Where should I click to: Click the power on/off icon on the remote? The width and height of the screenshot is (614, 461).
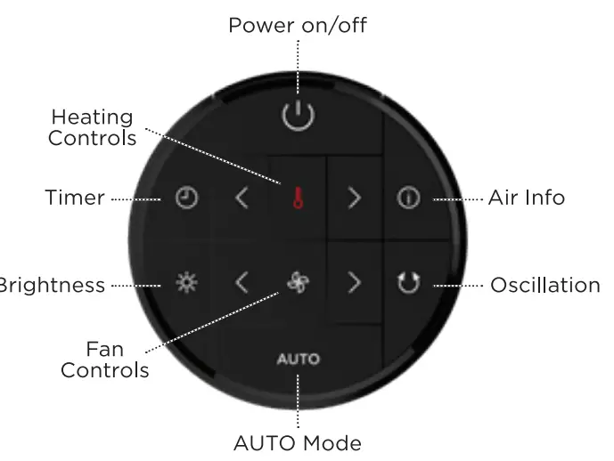(297, 116)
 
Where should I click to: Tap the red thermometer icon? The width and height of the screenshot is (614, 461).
(297, 198)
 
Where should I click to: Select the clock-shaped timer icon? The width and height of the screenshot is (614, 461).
(185, 198)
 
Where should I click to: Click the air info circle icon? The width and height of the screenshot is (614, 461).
(408, 198)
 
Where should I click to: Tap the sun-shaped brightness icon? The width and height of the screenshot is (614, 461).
(185, 284)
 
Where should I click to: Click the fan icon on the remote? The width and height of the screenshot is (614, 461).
(297, 283)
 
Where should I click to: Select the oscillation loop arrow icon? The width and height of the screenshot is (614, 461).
(408, 284)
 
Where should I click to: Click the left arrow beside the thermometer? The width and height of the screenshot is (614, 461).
(242, 198)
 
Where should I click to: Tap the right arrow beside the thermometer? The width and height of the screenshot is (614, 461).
(355, 198)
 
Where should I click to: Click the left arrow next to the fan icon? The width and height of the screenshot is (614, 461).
(242, 284)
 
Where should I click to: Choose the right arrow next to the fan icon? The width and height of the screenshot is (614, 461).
(355, 284)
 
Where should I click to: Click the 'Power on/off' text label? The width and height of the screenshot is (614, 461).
(297, 25)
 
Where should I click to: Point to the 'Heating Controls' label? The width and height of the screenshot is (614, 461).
(92, 127)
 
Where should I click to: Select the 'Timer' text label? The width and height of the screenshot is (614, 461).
(75, 198)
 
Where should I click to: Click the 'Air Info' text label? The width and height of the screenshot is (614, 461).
(527, 198)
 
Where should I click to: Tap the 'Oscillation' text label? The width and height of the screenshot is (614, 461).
(545, 285)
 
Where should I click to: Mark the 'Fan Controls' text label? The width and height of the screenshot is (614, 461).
(104, 359)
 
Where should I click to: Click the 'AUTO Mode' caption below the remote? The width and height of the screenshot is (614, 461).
(297, 442)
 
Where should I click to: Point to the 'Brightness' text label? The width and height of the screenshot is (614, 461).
(52, 286)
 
